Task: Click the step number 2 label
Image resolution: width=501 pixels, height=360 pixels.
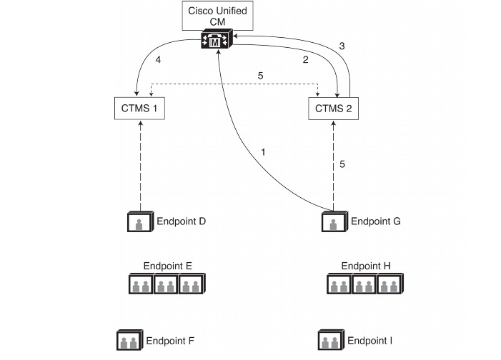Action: [305, 59]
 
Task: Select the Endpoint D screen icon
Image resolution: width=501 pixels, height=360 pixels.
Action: [139, 222]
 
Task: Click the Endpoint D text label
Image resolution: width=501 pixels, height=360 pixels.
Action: [181, 221]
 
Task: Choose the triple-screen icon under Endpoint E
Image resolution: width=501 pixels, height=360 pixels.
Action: [167, 286]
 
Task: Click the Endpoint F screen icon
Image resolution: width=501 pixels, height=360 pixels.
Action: [129, 340]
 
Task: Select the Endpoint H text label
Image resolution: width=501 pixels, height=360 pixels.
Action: [366, 266]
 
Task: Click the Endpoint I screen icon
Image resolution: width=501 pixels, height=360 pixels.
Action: [329, 340]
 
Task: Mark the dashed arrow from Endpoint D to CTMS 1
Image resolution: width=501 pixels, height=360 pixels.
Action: [140, 164]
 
